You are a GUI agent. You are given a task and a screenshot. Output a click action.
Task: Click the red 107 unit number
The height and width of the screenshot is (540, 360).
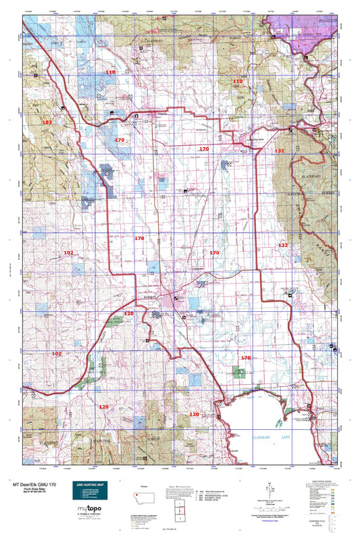[x=47, y=122]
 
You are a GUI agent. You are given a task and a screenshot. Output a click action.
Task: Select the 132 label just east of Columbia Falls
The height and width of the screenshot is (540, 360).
[x=279, y=152]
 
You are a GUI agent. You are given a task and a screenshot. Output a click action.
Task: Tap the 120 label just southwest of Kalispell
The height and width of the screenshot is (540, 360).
[x=129, y=314]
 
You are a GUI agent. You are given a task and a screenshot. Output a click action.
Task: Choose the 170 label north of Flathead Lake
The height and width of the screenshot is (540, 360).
[x=246, y=357]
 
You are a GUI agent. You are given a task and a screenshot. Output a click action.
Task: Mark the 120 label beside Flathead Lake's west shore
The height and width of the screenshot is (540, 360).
[x=194, y=414]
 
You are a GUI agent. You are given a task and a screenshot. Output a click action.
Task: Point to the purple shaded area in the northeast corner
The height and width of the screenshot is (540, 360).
[x=311, y=27]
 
